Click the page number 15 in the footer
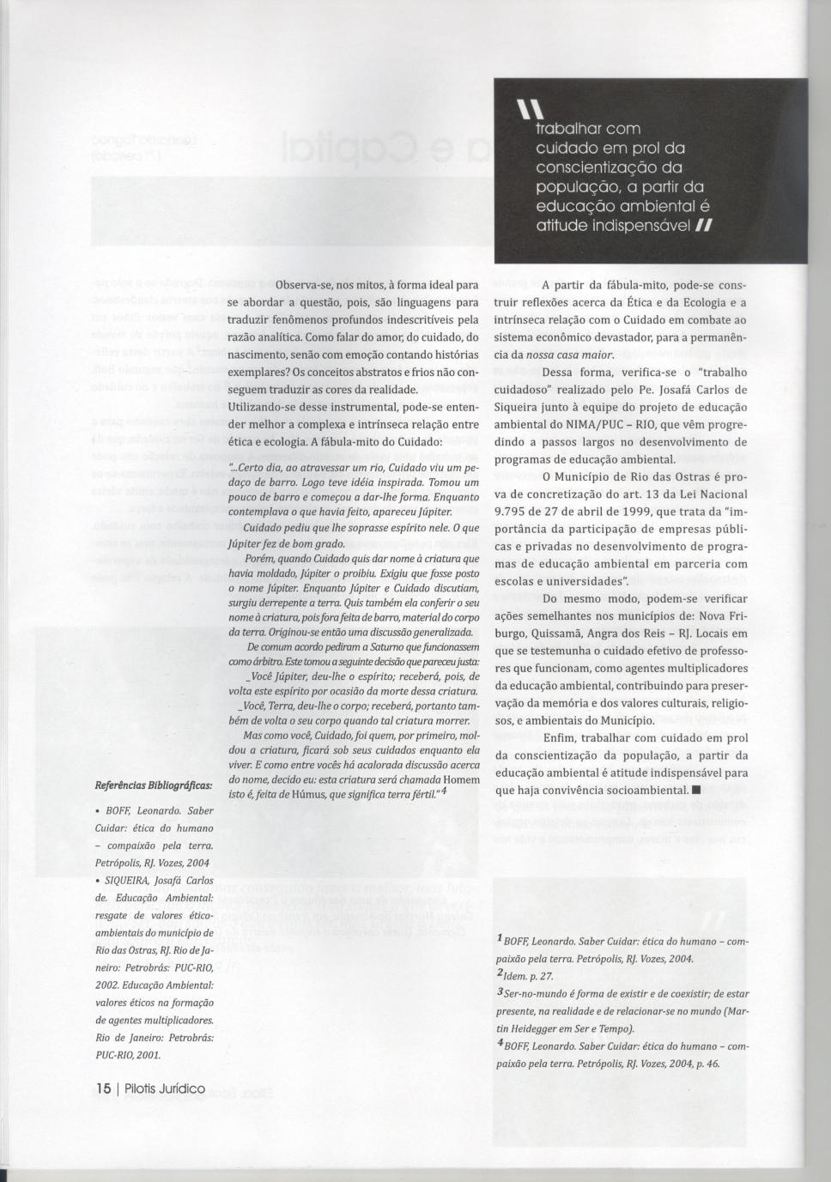[103, 1089]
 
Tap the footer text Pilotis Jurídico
[165, 1089]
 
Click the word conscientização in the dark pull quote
[597, 167]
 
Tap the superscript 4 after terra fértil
[444, 791]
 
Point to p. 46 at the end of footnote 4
[707, 1064]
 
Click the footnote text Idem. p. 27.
[529, 976]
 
